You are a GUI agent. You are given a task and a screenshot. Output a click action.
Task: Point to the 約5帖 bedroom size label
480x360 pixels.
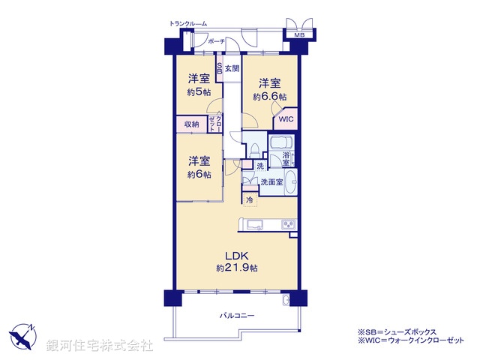pos(199,92)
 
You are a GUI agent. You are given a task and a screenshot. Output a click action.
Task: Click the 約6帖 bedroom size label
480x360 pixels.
pos(199,175)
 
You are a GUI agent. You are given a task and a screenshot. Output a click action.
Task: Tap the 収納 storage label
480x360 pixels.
pos(190,124)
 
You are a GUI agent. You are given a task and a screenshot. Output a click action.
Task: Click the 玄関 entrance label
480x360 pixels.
pos(232,69)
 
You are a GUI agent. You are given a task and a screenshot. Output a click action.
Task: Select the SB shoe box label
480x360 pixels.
pos(219,68)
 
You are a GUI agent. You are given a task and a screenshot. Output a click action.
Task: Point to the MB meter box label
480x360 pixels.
pos(298,34)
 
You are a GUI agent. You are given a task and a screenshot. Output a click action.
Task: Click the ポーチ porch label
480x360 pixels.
pos(217,41)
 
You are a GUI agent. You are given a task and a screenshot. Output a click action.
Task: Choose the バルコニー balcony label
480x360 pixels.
pos(236,316)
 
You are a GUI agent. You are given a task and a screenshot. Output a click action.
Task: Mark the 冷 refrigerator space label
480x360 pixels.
pos(249,199)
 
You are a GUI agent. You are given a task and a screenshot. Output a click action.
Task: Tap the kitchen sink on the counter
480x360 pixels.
pos(251,224)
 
